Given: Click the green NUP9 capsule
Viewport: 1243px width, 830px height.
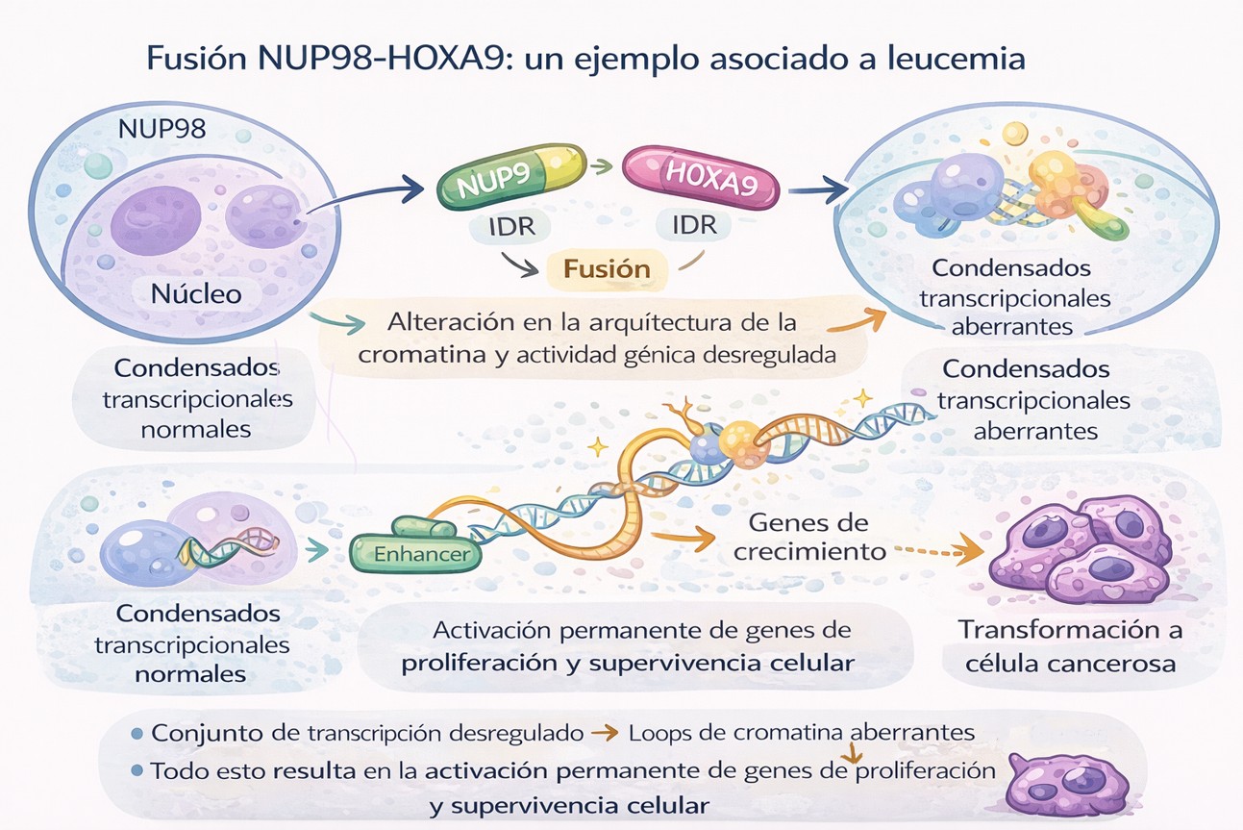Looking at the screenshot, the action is click(511, 176).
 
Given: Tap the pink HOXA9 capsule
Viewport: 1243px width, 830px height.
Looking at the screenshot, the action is click(701, 177).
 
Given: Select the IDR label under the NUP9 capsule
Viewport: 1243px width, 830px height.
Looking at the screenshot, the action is click(511, 227).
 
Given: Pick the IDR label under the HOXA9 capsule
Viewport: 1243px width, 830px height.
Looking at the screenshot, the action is click(695, 225).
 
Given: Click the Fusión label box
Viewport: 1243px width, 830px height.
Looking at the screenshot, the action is click(607, 269).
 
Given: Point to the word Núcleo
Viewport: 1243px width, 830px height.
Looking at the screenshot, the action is click(196, 293).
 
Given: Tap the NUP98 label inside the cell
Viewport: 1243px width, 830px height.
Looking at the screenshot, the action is click(162, 129).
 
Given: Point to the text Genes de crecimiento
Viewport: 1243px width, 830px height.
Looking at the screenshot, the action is click(809, 537).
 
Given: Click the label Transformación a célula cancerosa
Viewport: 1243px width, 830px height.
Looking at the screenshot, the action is click(1070, 646).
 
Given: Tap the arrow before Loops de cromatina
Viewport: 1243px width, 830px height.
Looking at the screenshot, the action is click(605, 734).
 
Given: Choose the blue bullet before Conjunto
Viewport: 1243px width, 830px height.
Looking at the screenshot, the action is click(137, 734).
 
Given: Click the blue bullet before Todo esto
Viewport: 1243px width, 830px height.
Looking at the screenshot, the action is click(137, 770).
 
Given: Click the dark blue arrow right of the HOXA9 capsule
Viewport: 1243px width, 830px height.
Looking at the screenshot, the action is click(817, 189).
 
